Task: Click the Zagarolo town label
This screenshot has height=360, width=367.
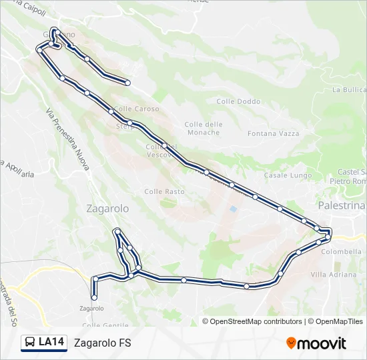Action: click(107, 209)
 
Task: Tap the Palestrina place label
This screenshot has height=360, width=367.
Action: click(342, 206)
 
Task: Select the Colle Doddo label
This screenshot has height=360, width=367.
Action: click(238, 101)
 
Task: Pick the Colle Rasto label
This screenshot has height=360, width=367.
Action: click(164, 191)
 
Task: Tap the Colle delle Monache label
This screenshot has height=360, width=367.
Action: click(203, 128)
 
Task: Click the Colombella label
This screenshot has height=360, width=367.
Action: click(341, 252)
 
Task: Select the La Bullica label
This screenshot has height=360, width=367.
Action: click(348, 89)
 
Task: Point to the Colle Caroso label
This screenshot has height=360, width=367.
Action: click(137, 109)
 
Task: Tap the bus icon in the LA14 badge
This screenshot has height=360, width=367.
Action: click(30, 343)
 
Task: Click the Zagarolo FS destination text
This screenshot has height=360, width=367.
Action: click(103, 343)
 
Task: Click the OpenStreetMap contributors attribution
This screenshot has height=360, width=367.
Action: click(256, 321)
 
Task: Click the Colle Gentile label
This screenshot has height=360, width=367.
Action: click(105, 325)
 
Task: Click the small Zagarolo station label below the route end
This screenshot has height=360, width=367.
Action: click(91, 308)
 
